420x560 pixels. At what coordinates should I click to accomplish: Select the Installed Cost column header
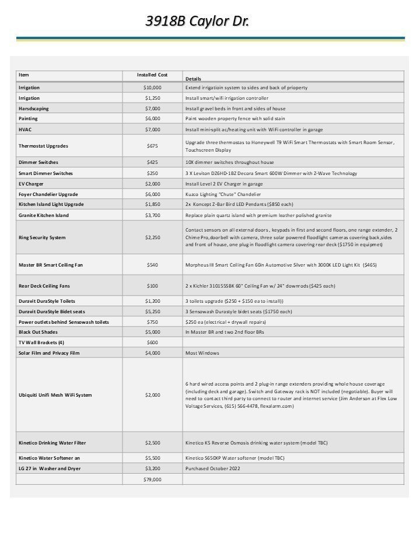(x=152, y=75)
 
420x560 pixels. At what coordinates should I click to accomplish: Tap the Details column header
(x=193, y=78)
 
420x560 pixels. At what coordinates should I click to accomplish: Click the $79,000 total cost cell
(x=152, y=480)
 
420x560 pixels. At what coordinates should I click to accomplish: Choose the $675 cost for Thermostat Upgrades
(x=152, y=146)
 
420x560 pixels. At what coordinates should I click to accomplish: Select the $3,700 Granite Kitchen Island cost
(x=152, y=215)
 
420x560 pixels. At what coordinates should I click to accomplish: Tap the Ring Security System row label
(x=42, y=237)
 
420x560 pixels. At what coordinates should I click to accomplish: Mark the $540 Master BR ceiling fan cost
(x=152, y=265)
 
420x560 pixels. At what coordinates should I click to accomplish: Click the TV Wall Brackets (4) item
(x=41, y=342)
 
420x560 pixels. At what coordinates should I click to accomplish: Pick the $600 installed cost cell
(x=152, y=342)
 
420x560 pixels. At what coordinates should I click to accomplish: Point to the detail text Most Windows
(x=202, y=353)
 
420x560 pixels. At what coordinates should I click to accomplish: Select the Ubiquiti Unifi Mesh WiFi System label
(x=55, y=395)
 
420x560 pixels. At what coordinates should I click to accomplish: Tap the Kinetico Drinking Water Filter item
(x=52, y=443)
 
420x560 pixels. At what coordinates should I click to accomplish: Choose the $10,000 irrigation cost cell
(x=152, y=87)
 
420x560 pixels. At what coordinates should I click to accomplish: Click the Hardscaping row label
(x=34, y=108)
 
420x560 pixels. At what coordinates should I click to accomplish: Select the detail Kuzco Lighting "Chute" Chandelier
(x=223, y=194)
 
